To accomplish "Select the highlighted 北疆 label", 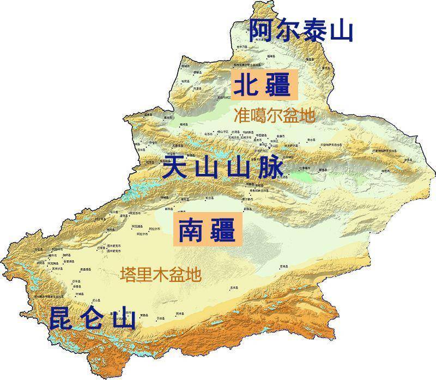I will click(262, 85).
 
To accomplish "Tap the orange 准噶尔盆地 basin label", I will click(274, 116).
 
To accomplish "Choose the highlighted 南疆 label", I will click(207, 230).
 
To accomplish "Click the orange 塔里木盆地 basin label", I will click(161, 274).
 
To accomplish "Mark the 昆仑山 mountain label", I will click(92, 318).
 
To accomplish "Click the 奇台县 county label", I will click(311, 140).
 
